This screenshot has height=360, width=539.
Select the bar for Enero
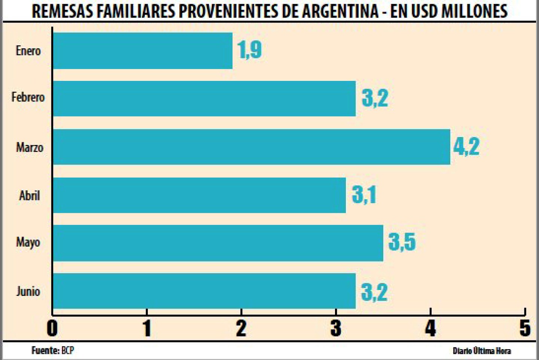coord(142,51)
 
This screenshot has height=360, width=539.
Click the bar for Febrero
coord(204,99)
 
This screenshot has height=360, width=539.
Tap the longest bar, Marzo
coord(251,147)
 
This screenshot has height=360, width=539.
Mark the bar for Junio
coord(204,291)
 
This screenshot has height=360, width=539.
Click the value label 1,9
coord(249,50)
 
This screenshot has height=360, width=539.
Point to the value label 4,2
coord(466,146)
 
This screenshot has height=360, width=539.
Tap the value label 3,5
coord(402,242)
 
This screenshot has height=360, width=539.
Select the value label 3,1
coord(364,194)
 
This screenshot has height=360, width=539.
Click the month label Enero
coord(28,51)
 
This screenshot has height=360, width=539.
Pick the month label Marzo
coord(30,147)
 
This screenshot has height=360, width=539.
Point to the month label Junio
coord(28,291)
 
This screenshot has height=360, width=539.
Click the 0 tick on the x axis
coord(52,328)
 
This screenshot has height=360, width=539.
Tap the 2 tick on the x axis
coord(241,328)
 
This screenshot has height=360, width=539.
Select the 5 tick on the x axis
coord(525,328)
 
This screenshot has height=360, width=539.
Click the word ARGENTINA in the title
coord(340,11)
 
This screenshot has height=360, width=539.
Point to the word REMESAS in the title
coord(62,11)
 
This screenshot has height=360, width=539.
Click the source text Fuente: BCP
coord(53,351)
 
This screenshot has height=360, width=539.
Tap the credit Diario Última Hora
coord(482,351)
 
